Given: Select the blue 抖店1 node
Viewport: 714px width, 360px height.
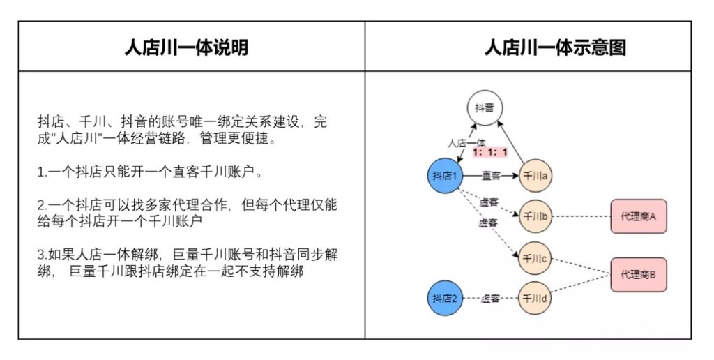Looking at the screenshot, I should [x=444, y=176].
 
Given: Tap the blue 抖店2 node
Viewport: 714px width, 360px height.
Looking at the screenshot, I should [x=444, y=299].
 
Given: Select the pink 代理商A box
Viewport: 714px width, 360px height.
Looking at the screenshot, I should [x=638, y=217].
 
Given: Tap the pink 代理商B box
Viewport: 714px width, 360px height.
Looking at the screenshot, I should [x=638, y=274].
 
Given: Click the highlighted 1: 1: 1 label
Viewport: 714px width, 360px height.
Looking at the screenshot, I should [x=489, y=151].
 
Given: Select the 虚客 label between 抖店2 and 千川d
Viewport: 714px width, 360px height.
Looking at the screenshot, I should [x=490, y=299].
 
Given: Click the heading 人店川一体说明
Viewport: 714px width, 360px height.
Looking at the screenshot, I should [x=185, y=47].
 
